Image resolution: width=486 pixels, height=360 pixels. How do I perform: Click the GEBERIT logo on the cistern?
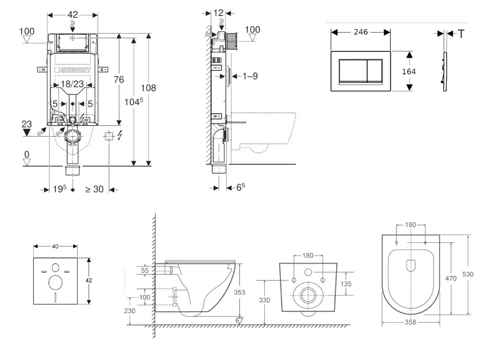(x=73, y=70)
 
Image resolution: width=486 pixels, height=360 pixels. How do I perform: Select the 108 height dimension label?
(x=148, y=88)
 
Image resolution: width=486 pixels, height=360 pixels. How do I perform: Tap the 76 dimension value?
(x=119, y=80)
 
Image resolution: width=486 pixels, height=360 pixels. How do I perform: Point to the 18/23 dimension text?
(x=73, y=84)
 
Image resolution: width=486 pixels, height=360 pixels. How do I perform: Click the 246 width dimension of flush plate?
(x=360, y=32)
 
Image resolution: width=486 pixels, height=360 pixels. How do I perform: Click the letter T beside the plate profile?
(x=461, y=33)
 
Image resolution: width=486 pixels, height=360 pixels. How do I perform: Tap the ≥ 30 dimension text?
(x=94, y=189)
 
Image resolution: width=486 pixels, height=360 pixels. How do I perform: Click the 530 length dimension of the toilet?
(x=468, y=274)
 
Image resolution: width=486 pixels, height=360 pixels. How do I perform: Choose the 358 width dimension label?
(x=411, y=322)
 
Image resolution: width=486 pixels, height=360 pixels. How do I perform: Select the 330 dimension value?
(x=264, y=300)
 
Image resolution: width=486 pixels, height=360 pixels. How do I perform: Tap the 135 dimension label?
(x=347, y=283)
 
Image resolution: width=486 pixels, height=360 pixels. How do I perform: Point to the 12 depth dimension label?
(x=218, y=13)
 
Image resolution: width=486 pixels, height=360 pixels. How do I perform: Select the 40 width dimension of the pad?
(x=55, y=247)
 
